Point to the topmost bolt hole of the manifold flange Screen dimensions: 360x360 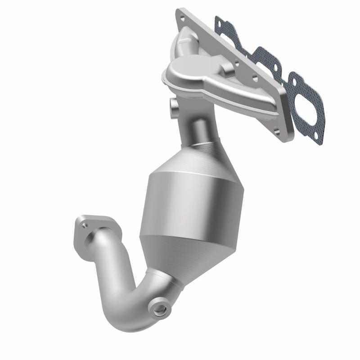pos(181,18)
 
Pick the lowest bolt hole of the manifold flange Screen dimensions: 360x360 pos(277,132)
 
